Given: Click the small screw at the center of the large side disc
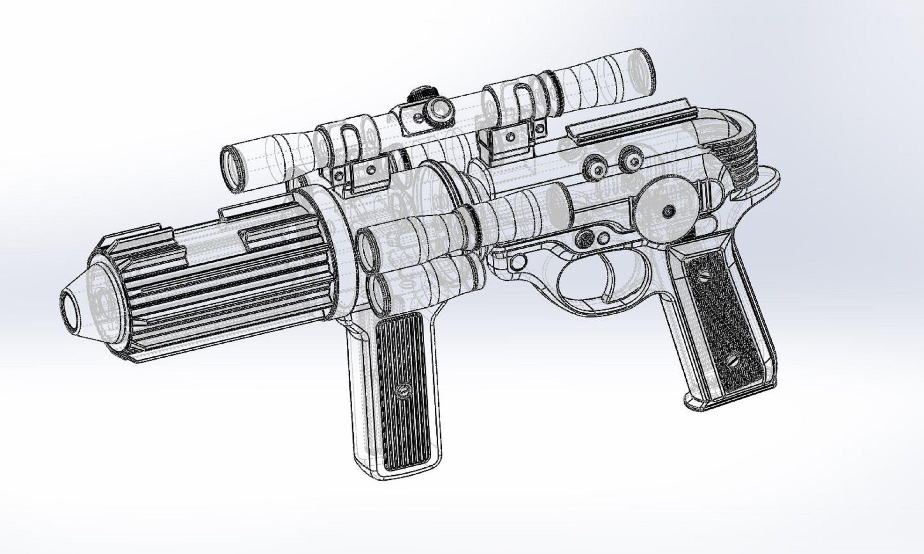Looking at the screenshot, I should pyautogui.click(x=668, y=211).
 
